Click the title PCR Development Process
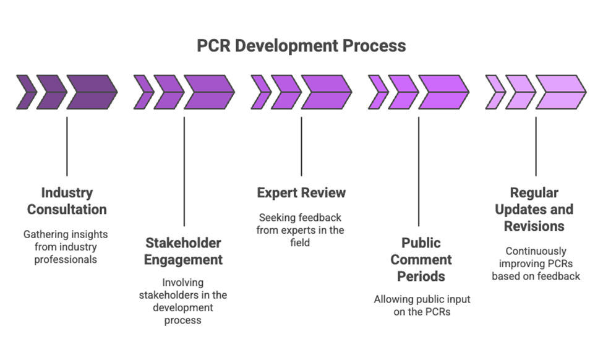[x=301, y=46]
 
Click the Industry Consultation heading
[x=67, y=200]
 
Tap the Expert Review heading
[x=301, y=193]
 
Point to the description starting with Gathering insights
[x=66, y=247]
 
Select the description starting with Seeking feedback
[x=301, y=230]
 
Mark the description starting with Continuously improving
[x=536, y=264]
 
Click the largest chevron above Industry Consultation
[x=92, y=92]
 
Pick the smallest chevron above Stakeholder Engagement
[x=143, y=92]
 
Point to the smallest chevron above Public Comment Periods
[x=377, y=92]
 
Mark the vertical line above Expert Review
[x=301, y=146]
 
